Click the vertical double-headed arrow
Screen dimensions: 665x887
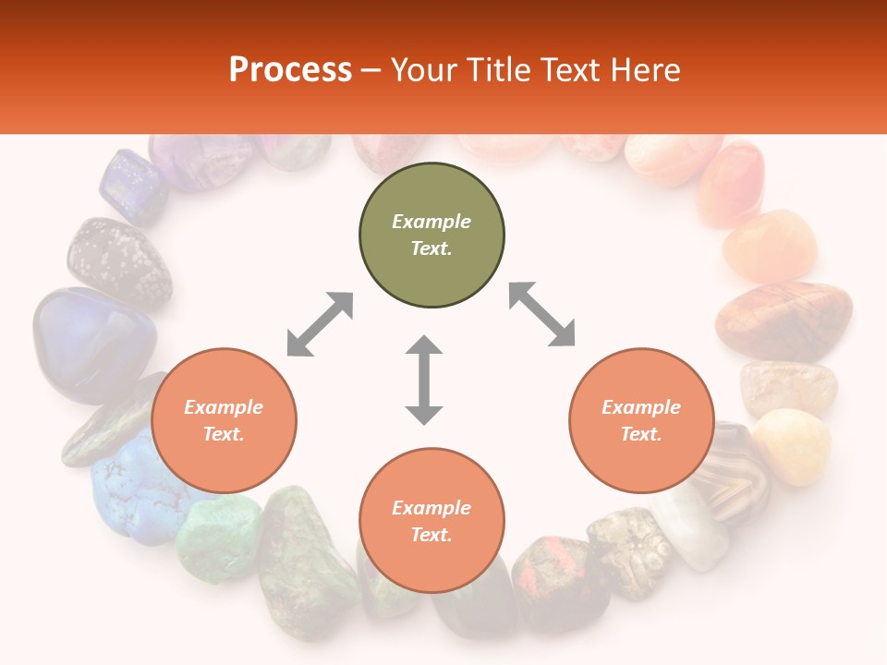click(x=424, y=380)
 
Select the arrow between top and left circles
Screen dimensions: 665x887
click(x=320, y=324)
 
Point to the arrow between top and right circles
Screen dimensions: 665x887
click(x=542, y=314)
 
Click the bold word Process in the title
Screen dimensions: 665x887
click(x=290, y=69)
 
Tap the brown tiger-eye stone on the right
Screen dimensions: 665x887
click(x=784, y=320)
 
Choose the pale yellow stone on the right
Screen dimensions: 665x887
click(x=792, y=445)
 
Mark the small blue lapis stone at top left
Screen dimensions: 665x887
click(x=133, y=187)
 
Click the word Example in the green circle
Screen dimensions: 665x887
click(x=431, y=222)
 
